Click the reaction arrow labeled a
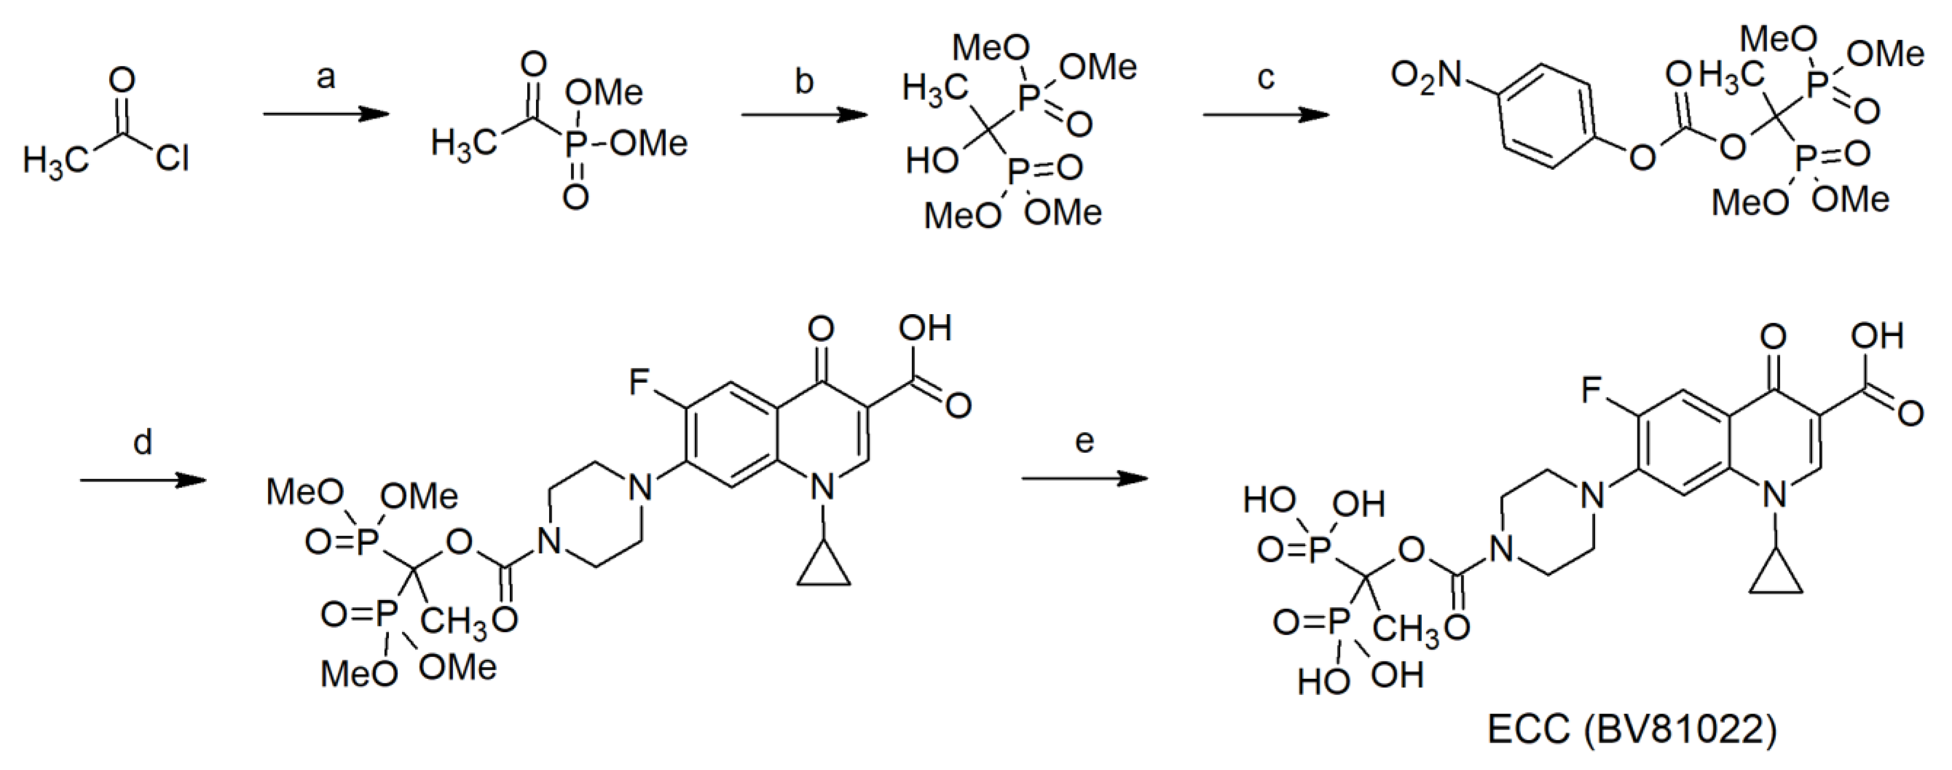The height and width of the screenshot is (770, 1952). point(325,115)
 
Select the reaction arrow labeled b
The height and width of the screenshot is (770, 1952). point(804,115)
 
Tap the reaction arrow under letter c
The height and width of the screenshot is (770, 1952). point(1266,115)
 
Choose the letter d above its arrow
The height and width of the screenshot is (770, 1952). point(142,442)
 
